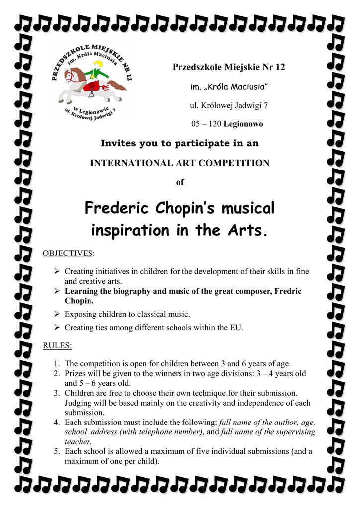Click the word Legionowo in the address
(243, 124)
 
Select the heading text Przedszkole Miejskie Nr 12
(229, 67)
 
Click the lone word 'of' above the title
(180, 182)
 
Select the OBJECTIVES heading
(68, 254)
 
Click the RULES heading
(57, 345)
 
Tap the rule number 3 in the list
(57, 393)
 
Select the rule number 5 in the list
(57, 451)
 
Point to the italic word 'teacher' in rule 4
(78, 442)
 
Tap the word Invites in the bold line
(118, 143)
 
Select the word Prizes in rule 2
(76, 373)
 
